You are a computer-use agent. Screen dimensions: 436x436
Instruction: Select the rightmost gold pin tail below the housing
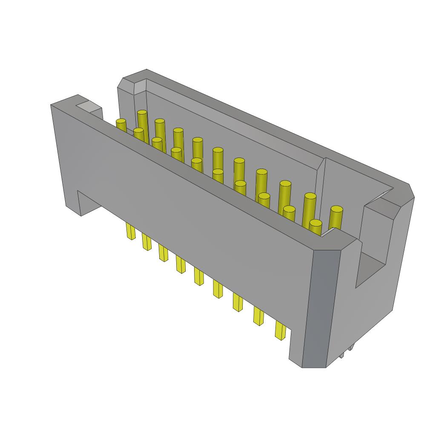(280, 330)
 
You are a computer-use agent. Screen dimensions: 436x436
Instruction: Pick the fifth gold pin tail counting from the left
(198, 276)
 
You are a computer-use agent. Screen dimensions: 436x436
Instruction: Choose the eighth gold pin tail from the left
(258, 316)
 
